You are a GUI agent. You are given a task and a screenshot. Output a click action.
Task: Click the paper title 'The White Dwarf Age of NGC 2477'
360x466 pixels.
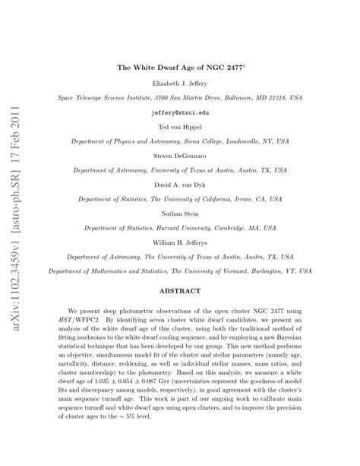[x=179, y=68]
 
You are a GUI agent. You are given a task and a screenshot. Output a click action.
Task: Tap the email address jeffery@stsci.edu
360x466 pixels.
[x=180, y=112]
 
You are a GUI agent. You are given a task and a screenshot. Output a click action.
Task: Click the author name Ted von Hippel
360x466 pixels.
[x=180, y=127]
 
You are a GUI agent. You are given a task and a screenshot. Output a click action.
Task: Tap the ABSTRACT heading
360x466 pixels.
[x=180, y=291]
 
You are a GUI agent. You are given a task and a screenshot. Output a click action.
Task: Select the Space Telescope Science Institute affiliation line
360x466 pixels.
[x=180, y=98]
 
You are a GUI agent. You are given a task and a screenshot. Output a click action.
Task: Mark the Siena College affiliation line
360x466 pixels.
[x=180, y=141]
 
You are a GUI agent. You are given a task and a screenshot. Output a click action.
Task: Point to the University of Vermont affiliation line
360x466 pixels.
[x=180, y=270]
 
